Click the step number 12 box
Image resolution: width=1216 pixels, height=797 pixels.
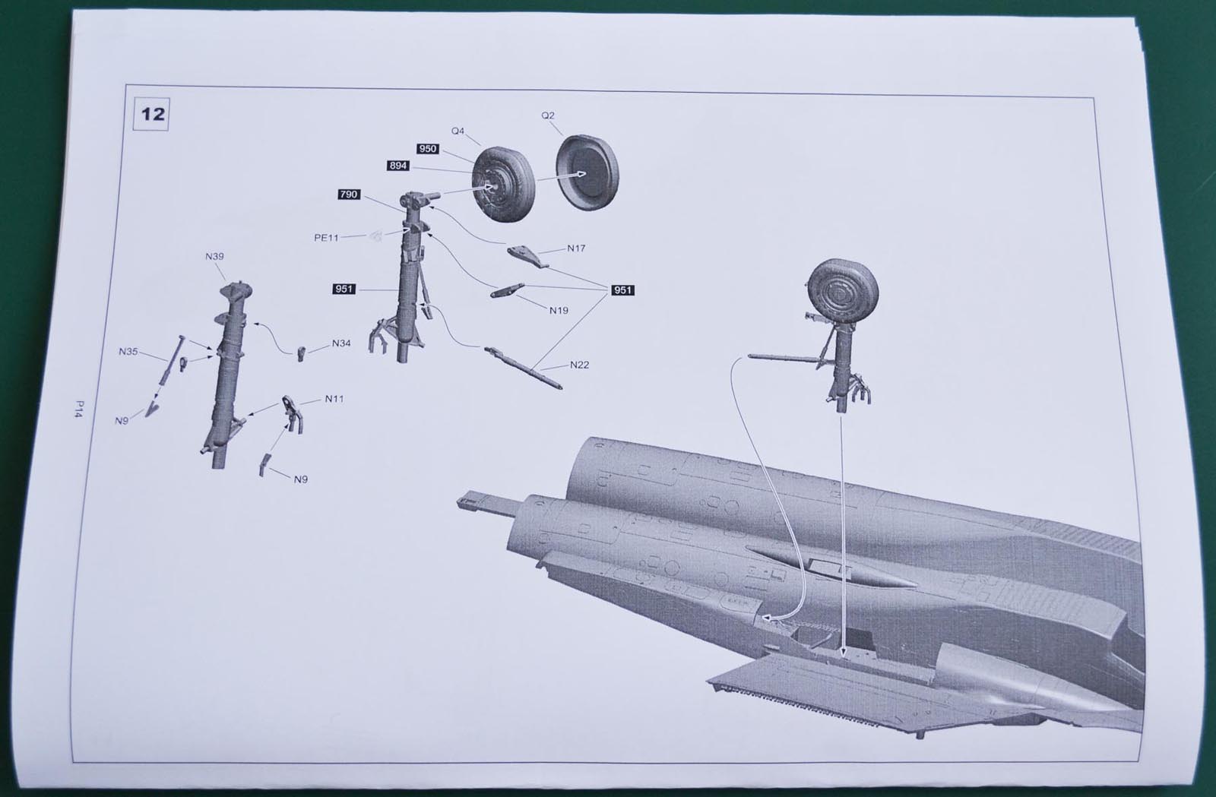point(151,114)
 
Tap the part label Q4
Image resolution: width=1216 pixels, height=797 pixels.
point(458,131)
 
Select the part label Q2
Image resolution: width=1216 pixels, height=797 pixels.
point(548,115)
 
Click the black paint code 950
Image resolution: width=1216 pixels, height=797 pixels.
point(428,149)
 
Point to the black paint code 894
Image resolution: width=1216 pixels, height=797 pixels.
point(398,166)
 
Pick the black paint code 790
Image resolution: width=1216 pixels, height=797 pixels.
point(349,195)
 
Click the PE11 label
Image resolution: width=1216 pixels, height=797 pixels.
point(326,238)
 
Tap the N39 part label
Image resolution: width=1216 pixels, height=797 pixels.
point(214,256)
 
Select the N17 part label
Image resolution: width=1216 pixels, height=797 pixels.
point(576,248)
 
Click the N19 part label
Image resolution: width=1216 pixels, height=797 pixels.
point(559,310)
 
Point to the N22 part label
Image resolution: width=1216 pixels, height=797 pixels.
point(579,365)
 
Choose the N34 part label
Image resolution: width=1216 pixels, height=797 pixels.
point(341,343)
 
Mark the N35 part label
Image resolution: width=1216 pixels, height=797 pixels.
point(128,352)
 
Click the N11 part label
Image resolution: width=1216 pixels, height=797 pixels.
point(334,399)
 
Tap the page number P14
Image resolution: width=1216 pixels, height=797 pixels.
point(79,409)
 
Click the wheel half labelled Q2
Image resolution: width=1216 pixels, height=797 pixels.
point(587,173)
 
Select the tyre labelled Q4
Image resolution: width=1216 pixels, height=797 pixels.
point(502,185)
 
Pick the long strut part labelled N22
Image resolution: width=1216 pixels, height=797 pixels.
point(524,368)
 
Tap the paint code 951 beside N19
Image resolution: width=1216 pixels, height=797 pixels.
point(622,290)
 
